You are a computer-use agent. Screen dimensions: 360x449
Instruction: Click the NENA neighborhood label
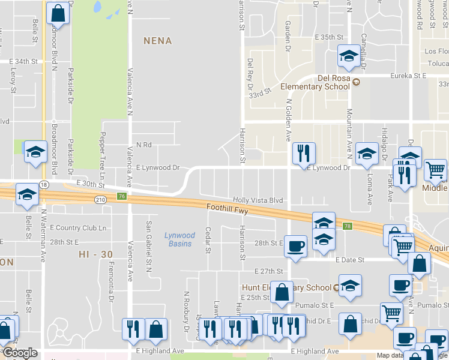(157, 41)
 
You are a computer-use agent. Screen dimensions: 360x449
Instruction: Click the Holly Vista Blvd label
(258, 200)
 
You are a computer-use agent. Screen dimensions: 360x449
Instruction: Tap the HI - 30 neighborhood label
(95, 254)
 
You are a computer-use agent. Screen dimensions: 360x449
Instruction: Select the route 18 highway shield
(44, 184)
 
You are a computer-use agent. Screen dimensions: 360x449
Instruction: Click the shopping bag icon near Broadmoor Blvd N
(58, 13)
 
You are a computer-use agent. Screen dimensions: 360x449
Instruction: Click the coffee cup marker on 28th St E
(295, 246)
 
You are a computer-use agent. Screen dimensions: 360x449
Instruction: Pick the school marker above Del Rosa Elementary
(348, 56)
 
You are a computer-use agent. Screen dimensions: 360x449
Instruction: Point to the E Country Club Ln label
(78, 228)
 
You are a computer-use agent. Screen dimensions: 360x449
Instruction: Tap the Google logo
(20, 353)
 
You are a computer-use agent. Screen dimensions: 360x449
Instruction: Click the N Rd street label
(143, 145)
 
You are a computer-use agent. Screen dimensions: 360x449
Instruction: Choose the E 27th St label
(268, 271)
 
